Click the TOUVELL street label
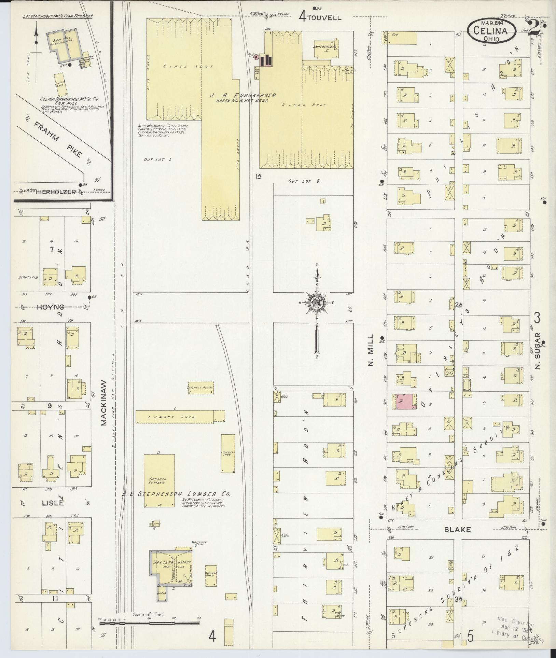[323, 17]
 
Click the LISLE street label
[53, 503]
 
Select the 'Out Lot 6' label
[304, 181]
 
